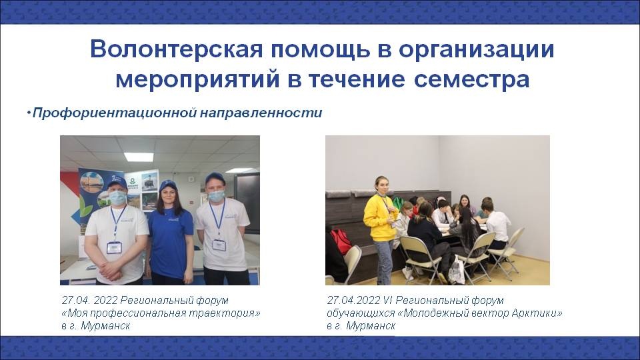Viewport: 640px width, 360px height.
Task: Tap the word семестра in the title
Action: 471,79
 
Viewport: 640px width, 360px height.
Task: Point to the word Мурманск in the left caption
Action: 105,326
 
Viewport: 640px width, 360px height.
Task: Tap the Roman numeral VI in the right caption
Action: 388,301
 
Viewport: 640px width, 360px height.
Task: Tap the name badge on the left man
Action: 114,247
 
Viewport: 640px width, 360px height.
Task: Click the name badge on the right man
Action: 219,245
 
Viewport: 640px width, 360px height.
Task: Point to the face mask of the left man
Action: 117,197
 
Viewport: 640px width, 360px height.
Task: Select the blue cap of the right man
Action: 215,178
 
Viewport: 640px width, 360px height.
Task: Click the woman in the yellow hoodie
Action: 381,231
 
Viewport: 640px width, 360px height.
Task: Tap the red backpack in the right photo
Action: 341,241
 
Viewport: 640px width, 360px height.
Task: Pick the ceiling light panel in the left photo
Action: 139,157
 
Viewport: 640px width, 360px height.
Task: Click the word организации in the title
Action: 476,50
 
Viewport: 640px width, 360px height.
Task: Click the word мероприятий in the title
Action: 197,80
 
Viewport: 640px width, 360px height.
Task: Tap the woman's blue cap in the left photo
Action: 168,186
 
